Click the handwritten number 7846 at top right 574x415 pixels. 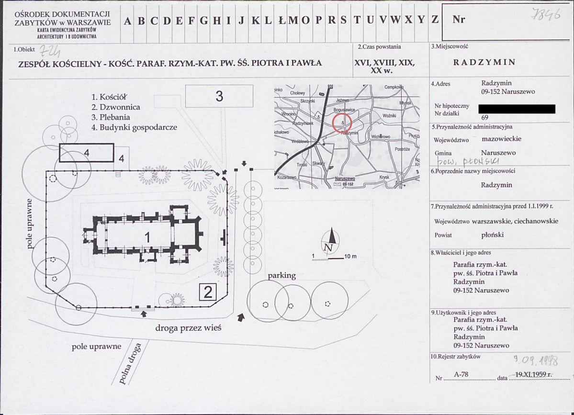tap(546, 16)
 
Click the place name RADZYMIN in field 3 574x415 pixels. tap(484, 62)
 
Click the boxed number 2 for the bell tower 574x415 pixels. tap(208, 292)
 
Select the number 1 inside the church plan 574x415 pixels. tap(147, 236)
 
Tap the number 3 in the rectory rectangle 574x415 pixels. tap(219, 96)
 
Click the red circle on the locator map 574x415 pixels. tap(342, 123)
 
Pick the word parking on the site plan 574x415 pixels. tap(281, 276)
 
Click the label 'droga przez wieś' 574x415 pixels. tap(188, 328)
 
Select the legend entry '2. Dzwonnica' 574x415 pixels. tap(116, 108)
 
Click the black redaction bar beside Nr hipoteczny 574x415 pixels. tap(517, 109)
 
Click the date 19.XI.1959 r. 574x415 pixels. tap(534, 375)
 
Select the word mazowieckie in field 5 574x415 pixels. tap(502, 139)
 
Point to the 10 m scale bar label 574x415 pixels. tap(350, 257)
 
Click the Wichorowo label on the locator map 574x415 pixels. tap(381, 137)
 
